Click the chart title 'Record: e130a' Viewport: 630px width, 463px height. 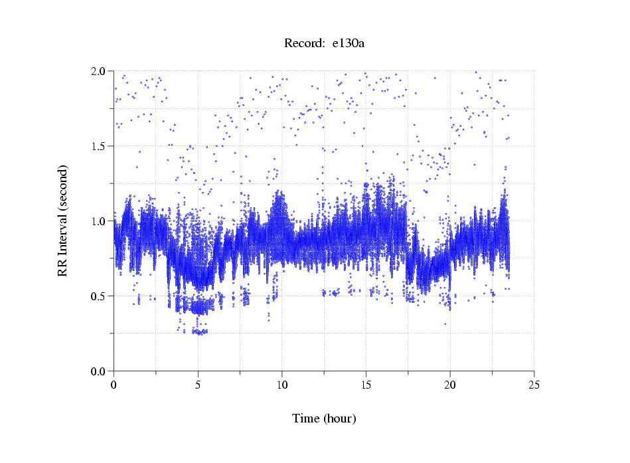pyautogui.click(x=324, y=44)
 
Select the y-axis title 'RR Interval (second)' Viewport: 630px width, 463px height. pyautogui.click(x=63, y=221)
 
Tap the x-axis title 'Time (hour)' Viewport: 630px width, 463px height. pyautogui.click(x=324, y=418)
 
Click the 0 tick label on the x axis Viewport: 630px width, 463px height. pyautogui.click(x=114, y=385)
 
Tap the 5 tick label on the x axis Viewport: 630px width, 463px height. pyautogui.click(x=198, y=385)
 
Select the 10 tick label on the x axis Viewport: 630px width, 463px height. pyautogui.click(x=281, y=385)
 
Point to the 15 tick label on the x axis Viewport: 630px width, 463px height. pyautogui.click(x=366, y=385)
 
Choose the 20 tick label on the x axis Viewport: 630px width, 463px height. pyautogui.click(x=450, y=385)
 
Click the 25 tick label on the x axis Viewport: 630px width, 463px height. pyautogui.click(x=534, y=385)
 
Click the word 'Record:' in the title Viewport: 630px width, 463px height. pyautogui.click(x=304, y=44)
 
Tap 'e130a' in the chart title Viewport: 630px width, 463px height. pyautogui.click(x=349, y=44)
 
